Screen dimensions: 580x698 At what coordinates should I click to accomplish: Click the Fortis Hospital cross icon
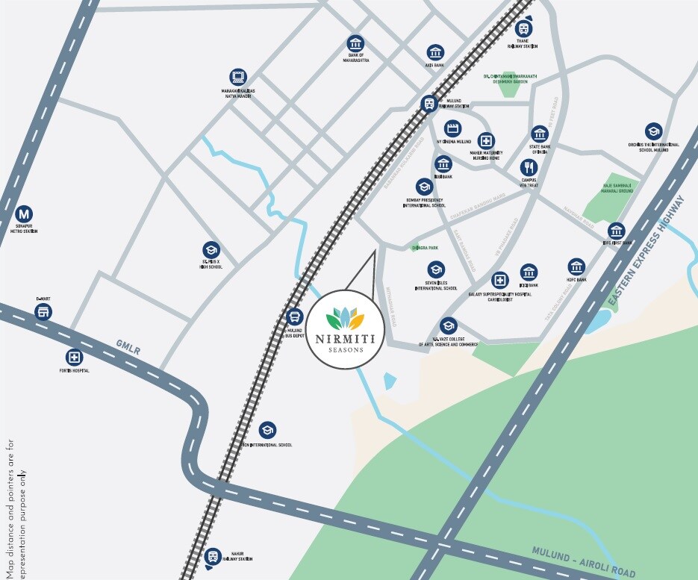click(x=73, y=357)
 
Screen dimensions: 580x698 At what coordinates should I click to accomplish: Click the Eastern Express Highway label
click(x=647, y=252)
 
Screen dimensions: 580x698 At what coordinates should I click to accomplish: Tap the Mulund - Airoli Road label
click(x=573, y=556)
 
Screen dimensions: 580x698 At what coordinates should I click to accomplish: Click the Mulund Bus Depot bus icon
click(x=294, y=316)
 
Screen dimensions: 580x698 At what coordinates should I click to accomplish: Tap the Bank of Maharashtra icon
click(x=355, y=43)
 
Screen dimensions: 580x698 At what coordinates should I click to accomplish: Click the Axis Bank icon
click(x=435, y=52)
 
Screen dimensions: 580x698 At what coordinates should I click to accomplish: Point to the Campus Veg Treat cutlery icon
click(x=529, y=167)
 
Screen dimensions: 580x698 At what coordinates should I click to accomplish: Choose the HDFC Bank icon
click(x=576, y=266)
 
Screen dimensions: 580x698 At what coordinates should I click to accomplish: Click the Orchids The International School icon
click(x=653, y=131)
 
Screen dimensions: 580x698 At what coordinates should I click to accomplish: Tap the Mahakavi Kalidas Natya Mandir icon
click(x=238, y=77)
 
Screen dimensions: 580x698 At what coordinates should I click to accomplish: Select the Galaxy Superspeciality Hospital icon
click(x=499, y=281)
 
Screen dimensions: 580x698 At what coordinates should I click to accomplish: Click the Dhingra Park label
click(x=424, y=248)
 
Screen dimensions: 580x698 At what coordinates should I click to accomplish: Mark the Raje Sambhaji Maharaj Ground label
click(x=617, y=188)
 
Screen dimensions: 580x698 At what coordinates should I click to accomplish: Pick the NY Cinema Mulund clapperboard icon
click(x=452, y=128)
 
